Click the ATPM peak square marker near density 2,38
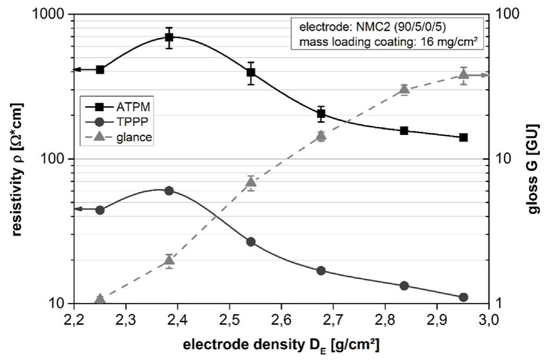[x=169, y=37]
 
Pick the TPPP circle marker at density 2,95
[x=463, y=297]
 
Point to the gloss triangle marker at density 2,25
[x=100, y=299]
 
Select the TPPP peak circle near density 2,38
[x=169, y=191]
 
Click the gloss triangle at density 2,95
[x=463, y=75]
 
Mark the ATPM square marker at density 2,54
[x=251, y=72]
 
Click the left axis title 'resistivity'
[x=18, y=159]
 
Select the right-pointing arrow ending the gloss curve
[x=484, y=75]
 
